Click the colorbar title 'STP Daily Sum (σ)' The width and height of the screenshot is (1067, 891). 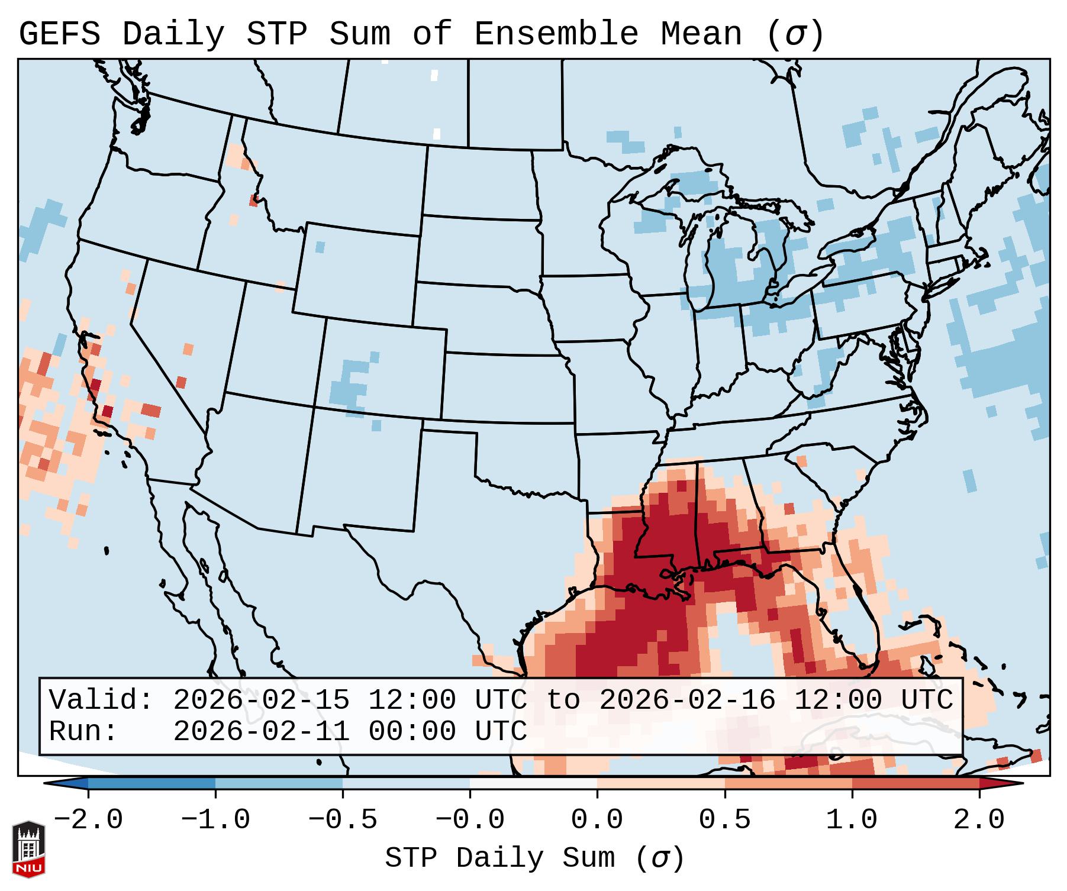click(534, 858)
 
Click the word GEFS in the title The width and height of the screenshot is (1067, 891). click(60, 34)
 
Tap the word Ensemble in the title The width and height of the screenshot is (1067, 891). click(556, 34)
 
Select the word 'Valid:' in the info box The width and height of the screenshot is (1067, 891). click(101, 700)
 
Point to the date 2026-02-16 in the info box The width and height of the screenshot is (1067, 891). click(687, 700)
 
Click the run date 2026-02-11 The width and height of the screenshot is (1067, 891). click(261, 731)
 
